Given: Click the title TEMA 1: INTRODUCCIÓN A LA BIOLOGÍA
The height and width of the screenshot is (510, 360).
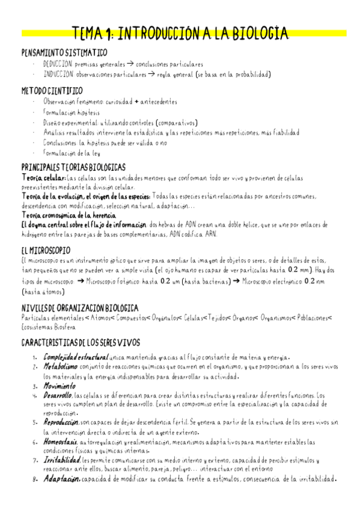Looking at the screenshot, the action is (180, 34).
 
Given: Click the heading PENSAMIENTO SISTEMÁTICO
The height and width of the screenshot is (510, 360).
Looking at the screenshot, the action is (64, 53).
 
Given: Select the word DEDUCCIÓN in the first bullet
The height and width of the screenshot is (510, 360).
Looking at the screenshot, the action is (58, 64).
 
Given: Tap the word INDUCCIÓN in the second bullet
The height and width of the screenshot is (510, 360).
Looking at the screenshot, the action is (58, 75).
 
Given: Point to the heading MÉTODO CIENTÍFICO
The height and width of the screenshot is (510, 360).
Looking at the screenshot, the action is (52, 91).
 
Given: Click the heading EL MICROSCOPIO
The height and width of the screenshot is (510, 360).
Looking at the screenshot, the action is (46, 250).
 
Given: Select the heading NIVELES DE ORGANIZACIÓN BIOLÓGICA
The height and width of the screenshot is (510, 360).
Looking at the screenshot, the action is (79, 308).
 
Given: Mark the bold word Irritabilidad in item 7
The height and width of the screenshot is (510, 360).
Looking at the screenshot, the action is (62, 459).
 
